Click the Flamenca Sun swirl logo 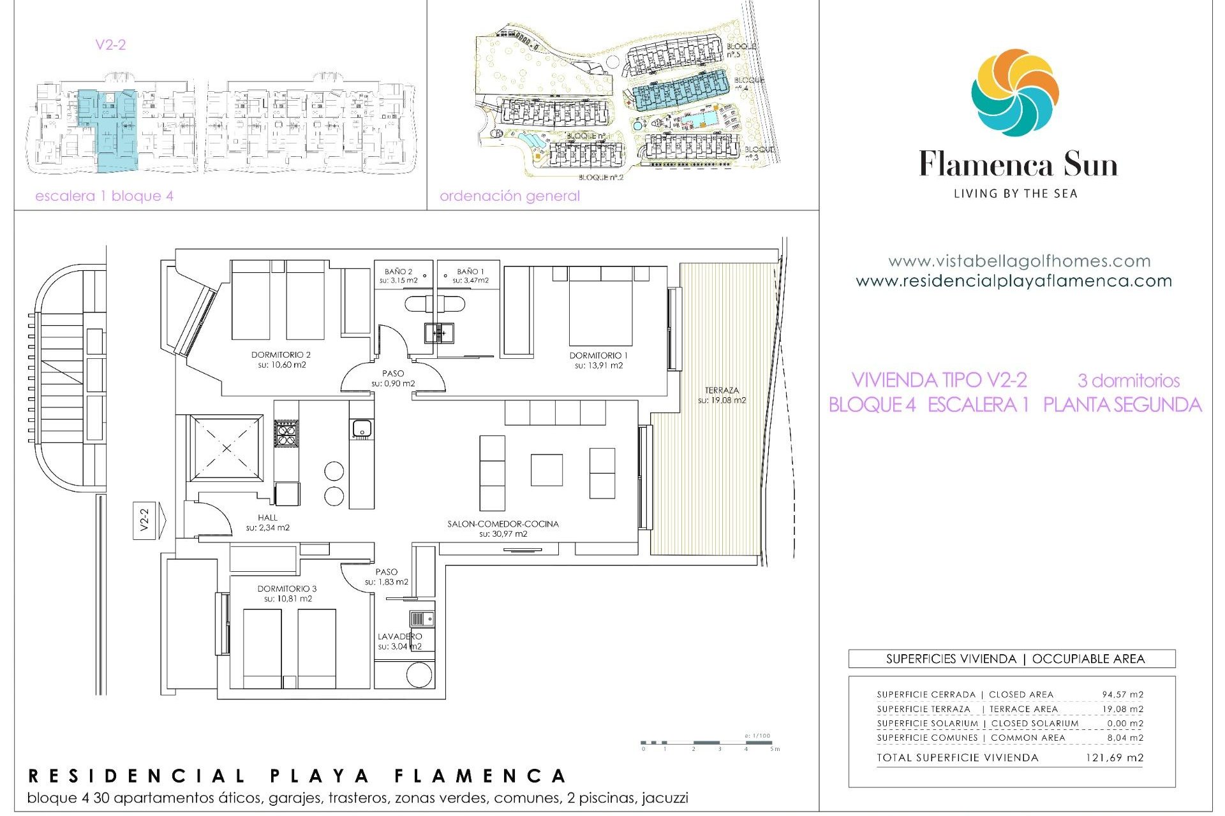(1014, 92)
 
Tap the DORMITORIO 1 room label (598, 356)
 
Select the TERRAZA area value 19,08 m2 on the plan (722, 400)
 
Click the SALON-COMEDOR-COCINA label (503, 524)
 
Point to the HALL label (267, 518)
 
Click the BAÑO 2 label (398, 272)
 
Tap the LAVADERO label (399, 636)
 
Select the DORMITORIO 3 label (286, 588)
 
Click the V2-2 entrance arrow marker (147, 520)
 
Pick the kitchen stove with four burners (286, 433)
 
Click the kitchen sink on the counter (362, 428)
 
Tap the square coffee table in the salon (546, 470)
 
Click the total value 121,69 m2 (1114, 757)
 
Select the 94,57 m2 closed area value (1122, 694)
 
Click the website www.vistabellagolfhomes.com (1019, 261)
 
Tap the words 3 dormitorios (1128, 381)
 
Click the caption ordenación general (509, 196)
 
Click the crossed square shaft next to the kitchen (226, 448)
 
